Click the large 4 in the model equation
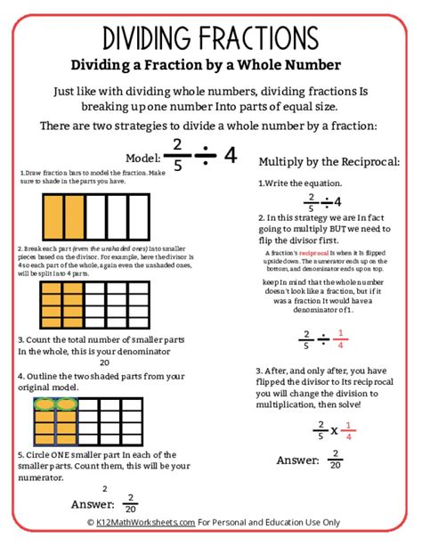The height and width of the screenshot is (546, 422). (231, 154)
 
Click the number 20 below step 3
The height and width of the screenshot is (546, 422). (104, 363)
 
